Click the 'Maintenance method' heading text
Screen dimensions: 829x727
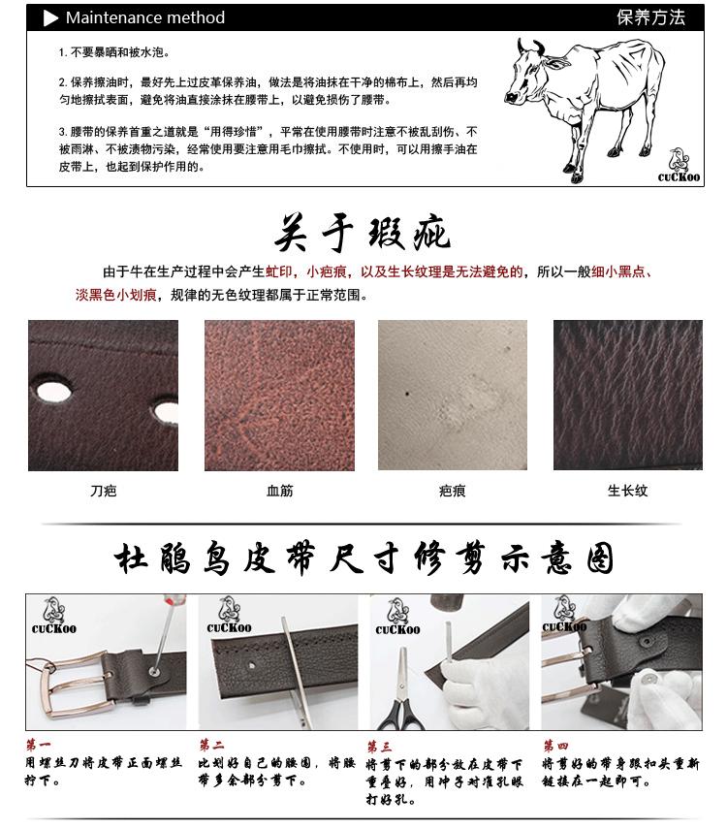(145, 17)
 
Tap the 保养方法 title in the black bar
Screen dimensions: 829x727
(650, 17)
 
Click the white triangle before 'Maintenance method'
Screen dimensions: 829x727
(51, 17)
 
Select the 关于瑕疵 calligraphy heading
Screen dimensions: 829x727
(363, 232)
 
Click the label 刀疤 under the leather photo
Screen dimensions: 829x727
(103, 492)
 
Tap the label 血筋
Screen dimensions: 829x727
(279, 492)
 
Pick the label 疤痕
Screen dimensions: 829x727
(452, 492)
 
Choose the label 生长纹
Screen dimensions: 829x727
(627, 492)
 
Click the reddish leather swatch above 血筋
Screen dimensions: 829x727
(279, 396)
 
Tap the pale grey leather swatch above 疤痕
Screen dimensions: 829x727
(452, 396)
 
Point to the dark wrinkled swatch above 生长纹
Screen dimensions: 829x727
(627, 396)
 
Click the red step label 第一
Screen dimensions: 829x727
(38, 746)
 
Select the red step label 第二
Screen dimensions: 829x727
(211, 746)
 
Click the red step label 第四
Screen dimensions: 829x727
(555, 747)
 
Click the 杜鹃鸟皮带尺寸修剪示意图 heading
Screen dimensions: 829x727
(363, 559)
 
